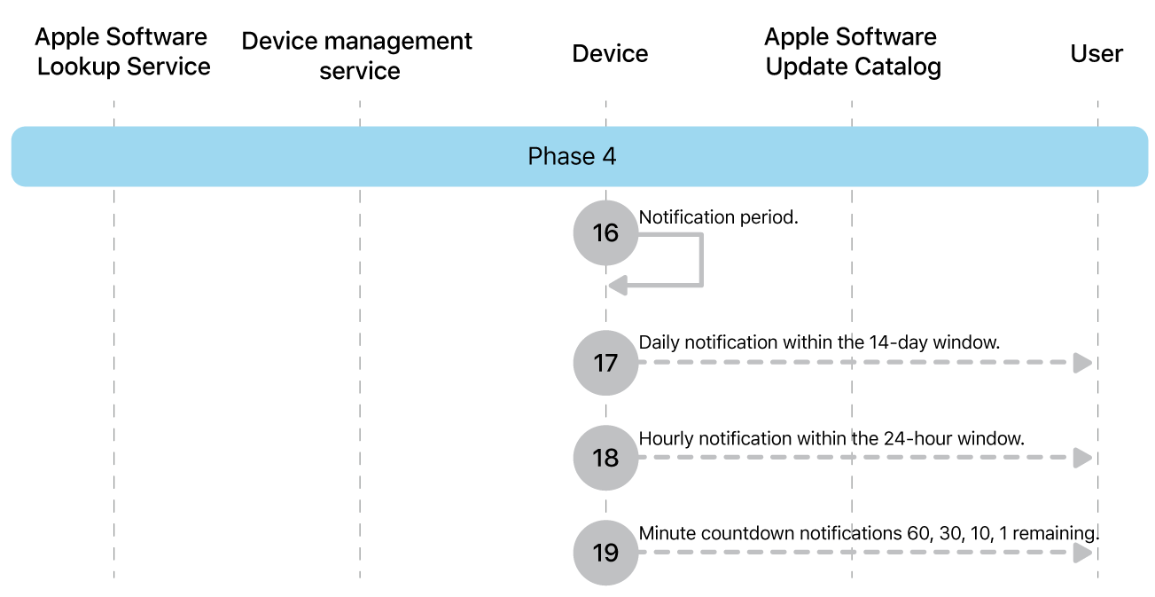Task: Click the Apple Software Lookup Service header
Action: pyautogui.click(x=123, y=52)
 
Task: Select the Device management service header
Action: pyautogui.click(x=357, y=56)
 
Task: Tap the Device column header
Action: pyautogui.click(x=610, y=54)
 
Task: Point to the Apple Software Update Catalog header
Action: pyautogui.click(x=853, y=52)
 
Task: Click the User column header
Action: pyautogui.click(x=1096, y=54)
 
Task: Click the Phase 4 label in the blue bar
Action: pyautogui.click(x=572, y=157)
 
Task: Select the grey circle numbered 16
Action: pyautogui.click(x=605, y=232)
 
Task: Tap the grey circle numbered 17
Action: pyautogui.click(x=605, y=363)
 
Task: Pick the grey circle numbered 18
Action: pyautogui.click(x=605, y=458)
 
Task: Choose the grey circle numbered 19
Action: pyautogui.click(x=605, y=553)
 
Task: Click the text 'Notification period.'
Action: pyautogui.click(x=719, y=217)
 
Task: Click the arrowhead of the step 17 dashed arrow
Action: pyautogui.click(x=1082, y=363)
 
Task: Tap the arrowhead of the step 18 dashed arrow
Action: pyautogui.click(x=1082, y=458)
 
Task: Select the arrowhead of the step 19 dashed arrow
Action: pyautogui.click(x=1082, y=553)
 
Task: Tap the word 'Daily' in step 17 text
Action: pyautogui.click(x=659, y=342)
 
